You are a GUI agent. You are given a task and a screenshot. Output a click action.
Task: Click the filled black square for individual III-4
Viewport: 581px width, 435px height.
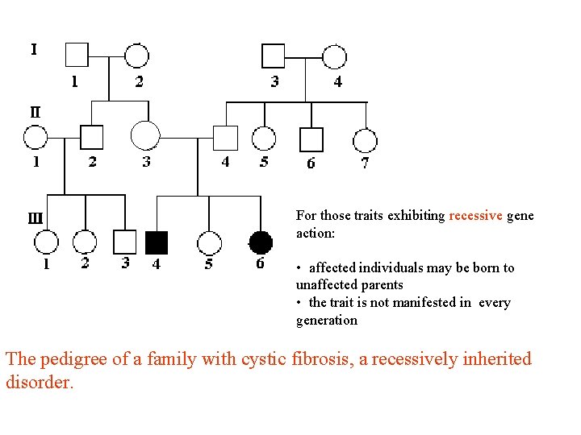pos(157,242)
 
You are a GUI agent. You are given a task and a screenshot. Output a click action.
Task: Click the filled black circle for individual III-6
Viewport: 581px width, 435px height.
pos(260,242)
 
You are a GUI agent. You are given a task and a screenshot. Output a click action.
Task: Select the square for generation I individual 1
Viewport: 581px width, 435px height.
pos(77,55)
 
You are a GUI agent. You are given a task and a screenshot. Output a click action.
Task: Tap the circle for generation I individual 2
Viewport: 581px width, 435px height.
pos(137,55)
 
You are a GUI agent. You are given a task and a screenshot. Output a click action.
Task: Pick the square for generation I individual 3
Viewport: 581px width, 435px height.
pos(274,55)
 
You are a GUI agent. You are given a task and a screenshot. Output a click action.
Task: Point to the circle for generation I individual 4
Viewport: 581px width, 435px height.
pos(335,56)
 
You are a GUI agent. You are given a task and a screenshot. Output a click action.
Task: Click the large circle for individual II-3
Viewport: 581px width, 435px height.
pos(145,135)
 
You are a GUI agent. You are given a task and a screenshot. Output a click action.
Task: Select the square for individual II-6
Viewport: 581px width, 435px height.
pos(311,139)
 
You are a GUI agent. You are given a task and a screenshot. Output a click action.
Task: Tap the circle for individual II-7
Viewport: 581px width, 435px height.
pos(365,140)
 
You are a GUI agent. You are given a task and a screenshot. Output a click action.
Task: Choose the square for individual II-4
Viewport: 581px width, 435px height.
pos(225,139)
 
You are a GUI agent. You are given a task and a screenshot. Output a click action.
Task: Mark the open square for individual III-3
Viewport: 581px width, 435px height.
pos(125,242)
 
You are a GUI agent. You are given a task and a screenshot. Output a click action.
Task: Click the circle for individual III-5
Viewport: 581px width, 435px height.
pos(209,242)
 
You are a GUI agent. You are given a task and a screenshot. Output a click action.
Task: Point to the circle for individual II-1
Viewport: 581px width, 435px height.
pos(36,138)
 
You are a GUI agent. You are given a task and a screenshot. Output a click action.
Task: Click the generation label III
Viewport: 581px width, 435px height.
pos(36,217)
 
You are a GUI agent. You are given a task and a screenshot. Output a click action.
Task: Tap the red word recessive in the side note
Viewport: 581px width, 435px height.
pos(476,216)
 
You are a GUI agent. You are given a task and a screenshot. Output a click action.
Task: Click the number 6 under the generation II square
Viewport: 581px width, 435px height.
pos(311,164)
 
